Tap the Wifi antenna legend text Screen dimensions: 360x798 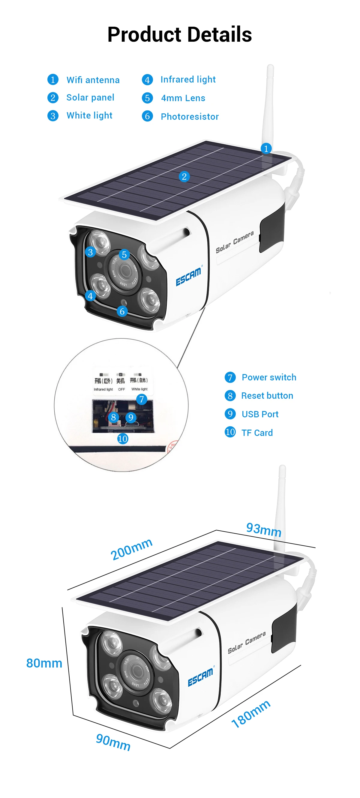(93, 80)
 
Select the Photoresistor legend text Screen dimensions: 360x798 (190, 116)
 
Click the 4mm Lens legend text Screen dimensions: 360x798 (183, 98)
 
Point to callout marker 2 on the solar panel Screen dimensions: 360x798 (184, 177)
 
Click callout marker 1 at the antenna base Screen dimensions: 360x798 (266, 148)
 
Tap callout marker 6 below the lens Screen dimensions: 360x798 (122, 311)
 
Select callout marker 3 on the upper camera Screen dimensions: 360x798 (90, 252)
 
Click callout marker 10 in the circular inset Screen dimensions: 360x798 (123, 438)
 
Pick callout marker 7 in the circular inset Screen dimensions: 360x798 (142, 399)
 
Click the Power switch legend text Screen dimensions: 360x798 (269, 377)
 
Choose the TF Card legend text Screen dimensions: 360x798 (257, 433)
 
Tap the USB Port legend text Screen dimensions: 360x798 (260, 414)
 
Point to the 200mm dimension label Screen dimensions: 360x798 (132, 549)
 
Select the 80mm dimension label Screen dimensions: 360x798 (44, 663)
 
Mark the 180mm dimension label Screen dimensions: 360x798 (251, 713)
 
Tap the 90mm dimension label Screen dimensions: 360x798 (113, 742)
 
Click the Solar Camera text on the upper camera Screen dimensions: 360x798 (235, 241)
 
